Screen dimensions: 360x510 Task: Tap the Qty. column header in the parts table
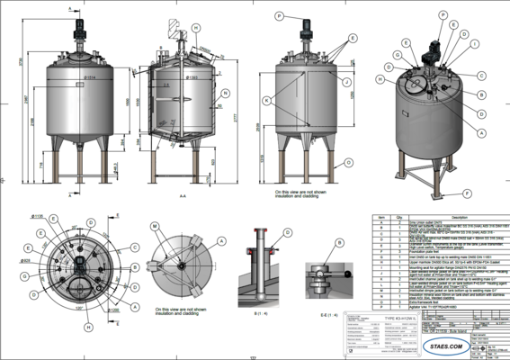[398, 217]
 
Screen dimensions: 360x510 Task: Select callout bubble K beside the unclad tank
[266, 99]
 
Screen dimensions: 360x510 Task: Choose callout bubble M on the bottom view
[154, 226]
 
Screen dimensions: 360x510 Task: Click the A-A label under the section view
[183, 194]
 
